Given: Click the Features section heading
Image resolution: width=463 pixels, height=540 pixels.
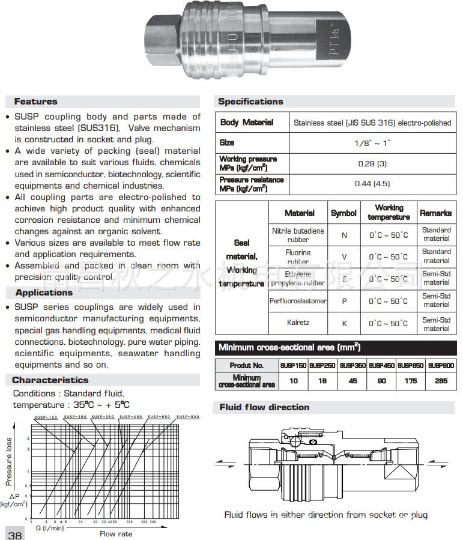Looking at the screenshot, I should point(36,102).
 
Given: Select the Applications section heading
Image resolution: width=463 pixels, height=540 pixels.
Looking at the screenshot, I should point(44,293).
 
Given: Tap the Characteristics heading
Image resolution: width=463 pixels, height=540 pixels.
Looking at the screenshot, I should point(50,380).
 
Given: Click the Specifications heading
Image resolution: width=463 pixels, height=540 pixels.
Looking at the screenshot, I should point(250,102).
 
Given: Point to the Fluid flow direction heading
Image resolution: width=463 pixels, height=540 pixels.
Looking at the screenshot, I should point(264,407).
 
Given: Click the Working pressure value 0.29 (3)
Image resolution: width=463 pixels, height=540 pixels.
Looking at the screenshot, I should point(372,163).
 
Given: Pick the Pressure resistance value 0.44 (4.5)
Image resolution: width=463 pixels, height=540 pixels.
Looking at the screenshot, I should point(372,184).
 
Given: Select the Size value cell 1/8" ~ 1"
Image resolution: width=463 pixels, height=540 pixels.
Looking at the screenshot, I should point(372,143).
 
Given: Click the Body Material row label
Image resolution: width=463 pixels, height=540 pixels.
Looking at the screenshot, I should point(247,123).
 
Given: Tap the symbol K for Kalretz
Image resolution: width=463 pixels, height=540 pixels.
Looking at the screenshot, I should point(344,323).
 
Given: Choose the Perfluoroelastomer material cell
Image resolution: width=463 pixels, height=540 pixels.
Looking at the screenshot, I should point(298,301).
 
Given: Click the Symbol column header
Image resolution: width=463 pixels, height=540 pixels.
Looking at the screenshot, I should point(343,213).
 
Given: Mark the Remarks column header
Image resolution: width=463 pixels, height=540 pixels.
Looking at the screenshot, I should point(436,213).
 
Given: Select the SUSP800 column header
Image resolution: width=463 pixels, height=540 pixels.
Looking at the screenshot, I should point(441,365).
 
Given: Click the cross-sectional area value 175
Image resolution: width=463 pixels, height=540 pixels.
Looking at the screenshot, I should point(411,381).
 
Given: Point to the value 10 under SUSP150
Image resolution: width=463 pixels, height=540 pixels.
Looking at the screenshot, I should point(294,381).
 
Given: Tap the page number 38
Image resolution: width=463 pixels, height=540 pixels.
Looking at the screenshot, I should point(14,535).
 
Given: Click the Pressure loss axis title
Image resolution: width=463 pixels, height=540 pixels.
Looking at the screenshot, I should point(9,461).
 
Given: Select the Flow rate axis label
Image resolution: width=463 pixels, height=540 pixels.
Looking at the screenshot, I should point(116,533).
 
